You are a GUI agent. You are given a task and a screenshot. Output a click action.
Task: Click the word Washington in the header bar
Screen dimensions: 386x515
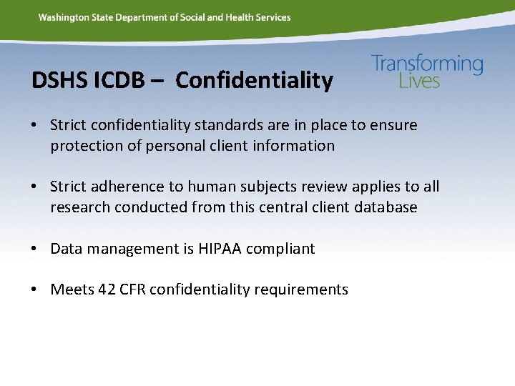point(62,17)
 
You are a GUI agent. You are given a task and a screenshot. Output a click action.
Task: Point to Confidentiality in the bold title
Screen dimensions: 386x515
point(254,81)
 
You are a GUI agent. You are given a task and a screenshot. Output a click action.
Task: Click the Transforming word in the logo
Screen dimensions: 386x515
point(427,64)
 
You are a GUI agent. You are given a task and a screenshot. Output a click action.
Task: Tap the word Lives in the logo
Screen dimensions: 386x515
point(419,81)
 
